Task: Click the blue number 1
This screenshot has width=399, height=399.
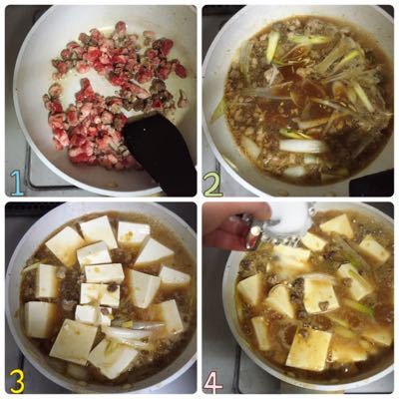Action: pyautogui.click(x=17, y=183)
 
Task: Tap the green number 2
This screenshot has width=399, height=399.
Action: pyautogui.click(x=212, y=185)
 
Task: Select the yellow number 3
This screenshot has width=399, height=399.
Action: pyautogui.click(x=17, y=381)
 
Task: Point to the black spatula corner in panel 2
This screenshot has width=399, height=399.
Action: pyautogui.click(x=372, y=183)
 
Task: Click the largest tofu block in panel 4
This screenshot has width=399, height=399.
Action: pyautogui.click(x=309, y=349)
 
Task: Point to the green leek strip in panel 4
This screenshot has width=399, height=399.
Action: pyautogui.click(x=357, y=306)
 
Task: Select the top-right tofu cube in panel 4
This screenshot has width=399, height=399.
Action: pyautogui.click(x=374, y=249)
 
